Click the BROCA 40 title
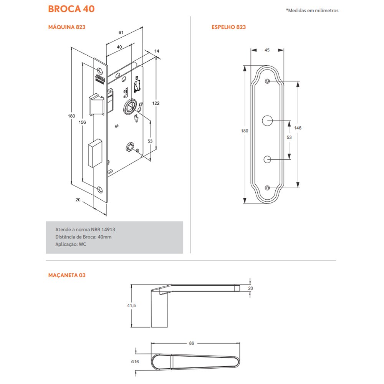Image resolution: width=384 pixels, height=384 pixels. (71, 9)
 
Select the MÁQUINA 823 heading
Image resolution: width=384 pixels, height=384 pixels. (66, 27)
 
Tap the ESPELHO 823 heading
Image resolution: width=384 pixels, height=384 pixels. (228, 27)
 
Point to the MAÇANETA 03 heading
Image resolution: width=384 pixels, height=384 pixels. (67, 275)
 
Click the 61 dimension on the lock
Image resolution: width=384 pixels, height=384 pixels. (121, 33)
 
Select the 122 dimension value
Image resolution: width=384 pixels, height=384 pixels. (156, 103)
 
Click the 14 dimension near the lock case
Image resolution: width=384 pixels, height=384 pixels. (157, 51)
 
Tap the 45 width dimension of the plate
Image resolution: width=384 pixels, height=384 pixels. (267, 50)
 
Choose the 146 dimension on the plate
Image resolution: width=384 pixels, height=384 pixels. (298, 128)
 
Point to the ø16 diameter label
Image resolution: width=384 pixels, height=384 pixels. (134, 362)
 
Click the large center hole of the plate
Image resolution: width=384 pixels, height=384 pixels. (267, 120)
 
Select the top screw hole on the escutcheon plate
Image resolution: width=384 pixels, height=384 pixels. (267, 81)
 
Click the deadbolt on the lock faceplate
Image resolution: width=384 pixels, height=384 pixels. (96, 154)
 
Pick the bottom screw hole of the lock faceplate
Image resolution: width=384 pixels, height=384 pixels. (101, 189)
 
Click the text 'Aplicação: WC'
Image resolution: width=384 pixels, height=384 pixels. (71, 244)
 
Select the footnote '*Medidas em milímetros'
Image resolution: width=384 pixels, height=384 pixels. (312, 11)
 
